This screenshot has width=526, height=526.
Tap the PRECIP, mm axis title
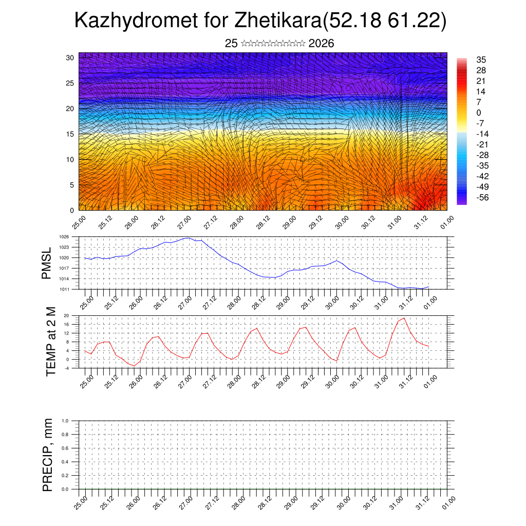(47, 455)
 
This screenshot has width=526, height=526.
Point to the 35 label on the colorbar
(481, 60)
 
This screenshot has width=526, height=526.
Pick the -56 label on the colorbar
(483, 197)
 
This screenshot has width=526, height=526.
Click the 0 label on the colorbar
(479, 112)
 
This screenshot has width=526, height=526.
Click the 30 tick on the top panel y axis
(70, 58)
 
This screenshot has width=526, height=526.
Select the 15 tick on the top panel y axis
(70, 134)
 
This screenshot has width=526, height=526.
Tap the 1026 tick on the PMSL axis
(64, 237)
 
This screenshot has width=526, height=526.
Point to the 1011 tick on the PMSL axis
(64, 289)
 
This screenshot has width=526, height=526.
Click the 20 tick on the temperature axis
(66, 315)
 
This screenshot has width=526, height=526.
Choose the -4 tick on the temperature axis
(66, 368)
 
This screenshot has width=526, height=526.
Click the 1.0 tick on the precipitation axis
(65, 420)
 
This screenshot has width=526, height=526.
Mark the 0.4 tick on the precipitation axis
(65, 462)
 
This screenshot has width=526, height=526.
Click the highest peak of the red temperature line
(404, 318)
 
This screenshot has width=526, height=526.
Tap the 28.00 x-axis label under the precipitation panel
(238, 502)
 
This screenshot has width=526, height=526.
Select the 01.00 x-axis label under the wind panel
(447, 223)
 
